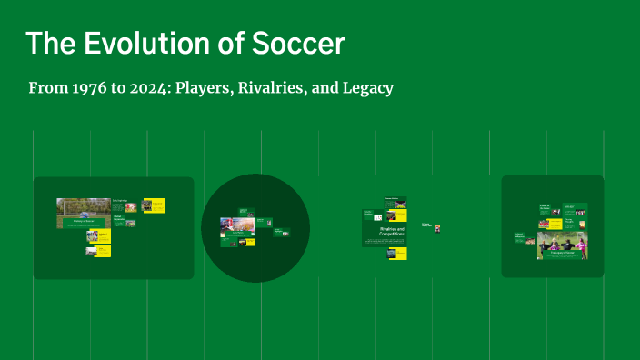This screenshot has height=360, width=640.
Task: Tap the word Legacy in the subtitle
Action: click(366, 89)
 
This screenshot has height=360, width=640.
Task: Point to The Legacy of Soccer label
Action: click(562, 255)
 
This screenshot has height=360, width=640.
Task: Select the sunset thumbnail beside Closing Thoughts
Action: click(437, 228)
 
